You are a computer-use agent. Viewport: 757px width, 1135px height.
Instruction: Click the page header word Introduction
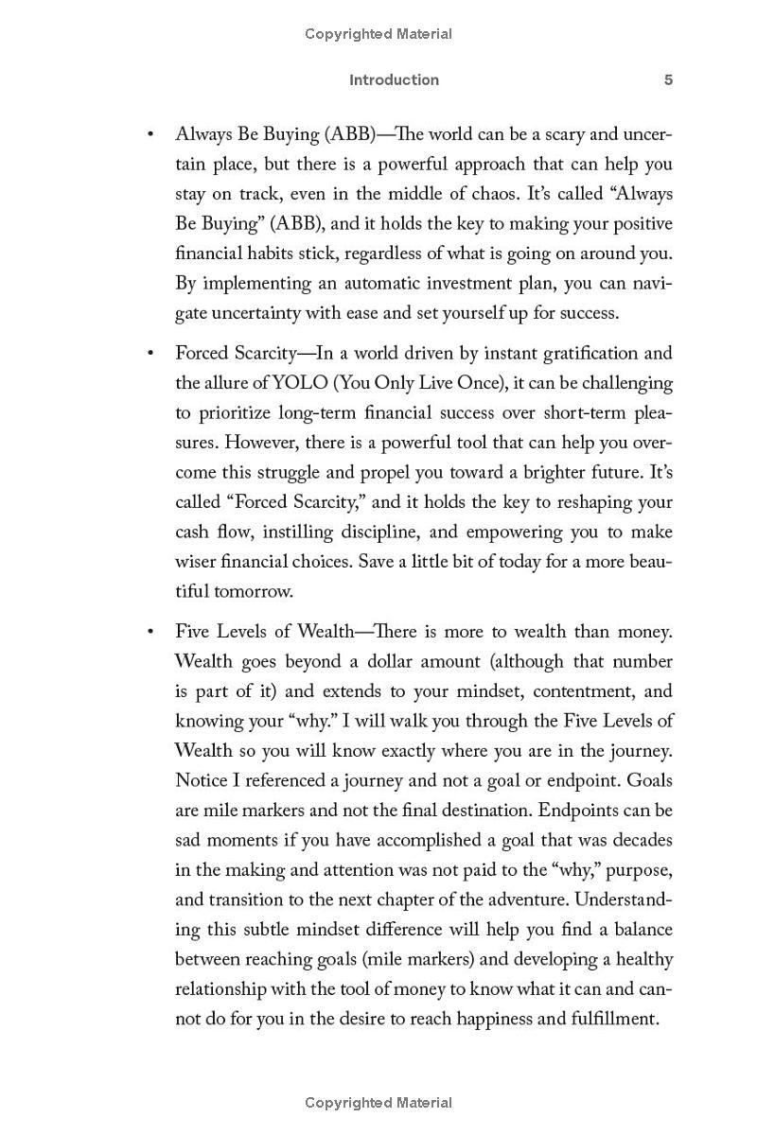click(x=394, y=80)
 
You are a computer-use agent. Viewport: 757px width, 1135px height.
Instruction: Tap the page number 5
click(x=668, y=80)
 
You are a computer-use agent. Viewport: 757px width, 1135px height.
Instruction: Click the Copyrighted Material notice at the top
click(x=378, y=34)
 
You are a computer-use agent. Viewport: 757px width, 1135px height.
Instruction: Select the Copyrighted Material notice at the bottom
click(x=378, y=1103)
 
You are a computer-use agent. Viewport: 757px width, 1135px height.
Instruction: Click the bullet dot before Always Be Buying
click(x=150, y=134)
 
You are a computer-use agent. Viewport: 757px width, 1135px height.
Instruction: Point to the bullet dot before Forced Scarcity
click(x=150, y=354)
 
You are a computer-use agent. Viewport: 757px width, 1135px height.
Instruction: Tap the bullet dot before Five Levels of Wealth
click(x=150, y=632)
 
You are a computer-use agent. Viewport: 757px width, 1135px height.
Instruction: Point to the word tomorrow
click(x=254, y=592)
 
